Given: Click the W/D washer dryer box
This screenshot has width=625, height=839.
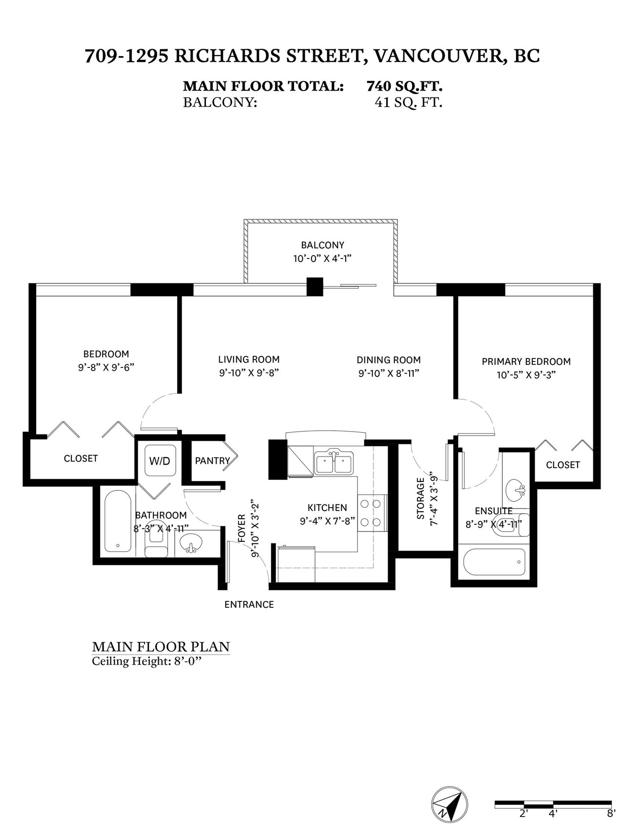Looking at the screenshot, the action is point(160,460).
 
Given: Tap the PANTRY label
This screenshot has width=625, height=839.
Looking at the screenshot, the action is point(212,460).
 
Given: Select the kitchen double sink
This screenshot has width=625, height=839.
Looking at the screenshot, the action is point(334,462).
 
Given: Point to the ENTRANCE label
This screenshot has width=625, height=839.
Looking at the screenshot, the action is point(249,604).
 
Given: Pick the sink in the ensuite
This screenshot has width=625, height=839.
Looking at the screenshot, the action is point(515,488).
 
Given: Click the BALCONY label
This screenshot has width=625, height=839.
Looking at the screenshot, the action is point(322,245).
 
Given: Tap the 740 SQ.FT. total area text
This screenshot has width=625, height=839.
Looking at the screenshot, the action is point(405,86).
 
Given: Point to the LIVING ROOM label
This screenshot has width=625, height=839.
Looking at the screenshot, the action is point(249,360).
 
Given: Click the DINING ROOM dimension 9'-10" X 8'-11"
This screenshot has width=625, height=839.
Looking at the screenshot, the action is point(389,374).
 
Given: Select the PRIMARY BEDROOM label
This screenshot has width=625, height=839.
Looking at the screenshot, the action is point(526,361).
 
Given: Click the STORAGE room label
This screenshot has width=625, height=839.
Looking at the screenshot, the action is point(421,499).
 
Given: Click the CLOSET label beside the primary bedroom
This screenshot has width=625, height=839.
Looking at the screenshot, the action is point(563,465).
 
